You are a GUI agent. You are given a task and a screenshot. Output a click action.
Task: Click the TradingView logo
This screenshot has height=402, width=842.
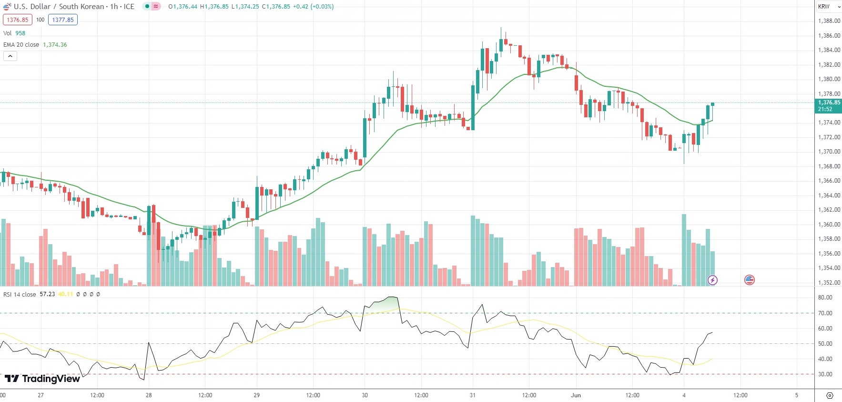pos(42,379)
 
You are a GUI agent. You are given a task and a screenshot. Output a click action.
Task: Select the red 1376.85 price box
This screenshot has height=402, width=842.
pos(18,20)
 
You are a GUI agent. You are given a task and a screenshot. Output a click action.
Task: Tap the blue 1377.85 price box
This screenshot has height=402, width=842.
pos(63,20)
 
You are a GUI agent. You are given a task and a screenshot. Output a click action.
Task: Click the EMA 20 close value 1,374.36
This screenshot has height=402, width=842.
pos(55,45)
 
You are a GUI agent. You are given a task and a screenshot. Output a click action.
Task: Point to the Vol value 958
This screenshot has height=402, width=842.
pos(20,33)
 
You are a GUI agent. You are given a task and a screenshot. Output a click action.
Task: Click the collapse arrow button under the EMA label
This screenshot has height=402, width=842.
pos(10,56)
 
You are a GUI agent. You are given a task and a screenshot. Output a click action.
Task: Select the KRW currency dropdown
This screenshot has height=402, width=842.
pos(827,7)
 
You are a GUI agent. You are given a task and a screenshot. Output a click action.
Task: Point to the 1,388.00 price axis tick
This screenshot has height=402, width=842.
pos(829,21)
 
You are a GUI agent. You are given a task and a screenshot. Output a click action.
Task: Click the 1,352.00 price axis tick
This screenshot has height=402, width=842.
pos(829,283)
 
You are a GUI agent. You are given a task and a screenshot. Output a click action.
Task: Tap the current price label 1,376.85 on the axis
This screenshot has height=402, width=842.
pos(829,103)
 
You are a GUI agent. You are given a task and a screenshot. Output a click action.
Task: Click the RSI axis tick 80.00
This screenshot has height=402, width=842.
pos(825,298)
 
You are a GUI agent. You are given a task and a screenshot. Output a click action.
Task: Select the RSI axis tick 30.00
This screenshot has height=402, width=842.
pos(825,374)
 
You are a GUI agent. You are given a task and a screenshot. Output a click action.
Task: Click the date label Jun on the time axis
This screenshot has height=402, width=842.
pos(576,395)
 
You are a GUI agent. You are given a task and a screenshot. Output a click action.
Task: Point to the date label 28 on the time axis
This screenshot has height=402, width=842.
pos(149,395)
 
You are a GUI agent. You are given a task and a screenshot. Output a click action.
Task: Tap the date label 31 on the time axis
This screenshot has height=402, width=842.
pos(472,395)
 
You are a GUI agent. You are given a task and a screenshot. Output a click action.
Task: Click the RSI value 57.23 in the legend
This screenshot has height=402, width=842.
pos(47,294)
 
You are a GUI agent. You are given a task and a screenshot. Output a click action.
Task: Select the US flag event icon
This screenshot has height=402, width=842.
pos(749,280)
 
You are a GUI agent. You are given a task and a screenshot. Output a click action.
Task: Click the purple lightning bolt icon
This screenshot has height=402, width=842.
pos(712,280)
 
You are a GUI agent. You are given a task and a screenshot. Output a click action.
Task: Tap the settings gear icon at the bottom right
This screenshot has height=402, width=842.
pos(830,395)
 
